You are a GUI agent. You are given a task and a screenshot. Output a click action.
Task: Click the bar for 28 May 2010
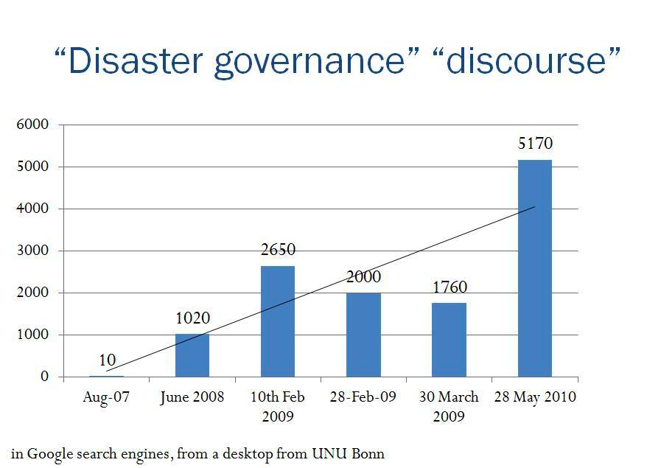coord(534,268)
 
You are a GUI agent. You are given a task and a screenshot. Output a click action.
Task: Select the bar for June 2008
coord(192,355)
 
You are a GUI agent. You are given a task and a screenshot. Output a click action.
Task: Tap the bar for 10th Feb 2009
coord(278,321)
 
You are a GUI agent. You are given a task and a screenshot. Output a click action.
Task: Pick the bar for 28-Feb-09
coord(363,335)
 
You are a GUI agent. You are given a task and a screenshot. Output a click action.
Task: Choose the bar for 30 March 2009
coord(449,340)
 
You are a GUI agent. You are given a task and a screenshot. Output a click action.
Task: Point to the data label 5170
coord(535,144)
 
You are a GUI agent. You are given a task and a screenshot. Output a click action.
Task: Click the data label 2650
coord(278,250)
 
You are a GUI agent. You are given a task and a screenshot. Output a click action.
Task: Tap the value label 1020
coord(192,318)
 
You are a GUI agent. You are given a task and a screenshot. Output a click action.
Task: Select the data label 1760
coord(450,287)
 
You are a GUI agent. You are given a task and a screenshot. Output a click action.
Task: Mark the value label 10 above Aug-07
coord(107,360)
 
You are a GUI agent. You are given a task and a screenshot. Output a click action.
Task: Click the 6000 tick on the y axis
coord(32,125)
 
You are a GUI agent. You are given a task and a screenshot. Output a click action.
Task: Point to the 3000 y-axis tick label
coord(32,251)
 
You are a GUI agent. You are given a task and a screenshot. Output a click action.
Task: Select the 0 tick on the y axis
coord(45,377)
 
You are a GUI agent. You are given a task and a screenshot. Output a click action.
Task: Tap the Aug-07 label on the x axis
coord(107,397)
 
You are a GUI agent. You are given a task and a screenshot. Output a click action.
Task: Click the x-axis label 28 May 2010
coord(534,397)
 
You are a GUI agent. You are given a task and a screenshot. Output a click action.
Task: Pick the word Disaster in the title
coord(129,62)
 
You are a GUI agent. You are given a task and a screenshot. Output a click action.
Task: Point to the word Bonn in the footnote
coord(368,453)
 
